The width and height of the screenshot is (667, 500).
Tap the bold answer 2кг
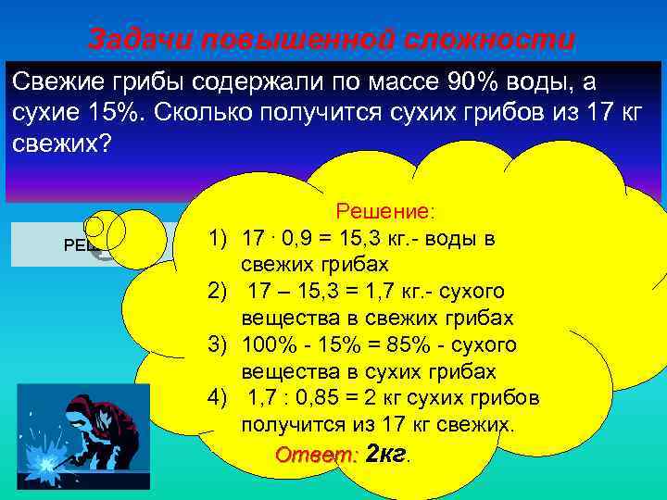coord(387,454)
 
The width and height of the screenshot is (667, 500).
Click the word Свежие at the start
coord(50,82)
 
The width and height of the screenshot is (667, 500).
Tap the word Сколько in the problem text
coord(195,113)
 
